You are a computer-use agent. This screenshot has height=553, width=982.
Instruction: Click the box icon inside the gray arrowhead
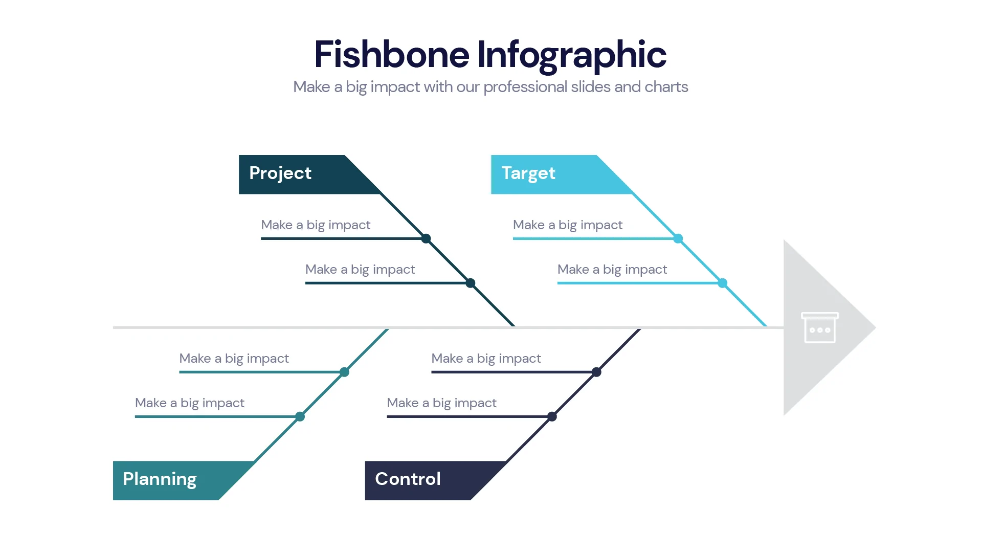point(819,328)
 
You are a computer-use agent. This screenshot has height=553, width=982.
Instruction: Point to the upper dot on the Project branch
point(426,238)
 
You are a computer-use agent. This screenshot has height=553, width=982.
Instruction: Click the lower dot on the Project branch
point(471,283)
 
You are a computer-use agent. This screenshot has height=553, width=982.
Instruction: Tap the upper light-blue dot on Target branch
point(678,238)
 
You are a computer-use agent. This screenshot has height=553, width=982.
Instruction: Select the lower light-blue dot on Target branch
point(723,283)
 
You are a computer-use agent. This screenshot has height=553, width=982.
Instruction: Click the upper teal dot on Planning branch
point(345,372)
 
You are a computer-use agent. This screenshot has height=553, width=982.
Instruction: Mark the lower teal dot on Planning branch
point(300,416)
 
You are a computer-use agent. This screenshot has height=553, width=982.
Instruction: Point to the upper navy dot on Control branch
point(596,372)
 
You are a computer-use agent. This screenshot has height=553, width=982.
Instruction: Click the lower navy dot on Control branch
point(552,416)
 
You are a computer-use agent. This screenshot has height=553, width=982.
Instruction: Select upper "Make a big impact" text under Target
point(567,225)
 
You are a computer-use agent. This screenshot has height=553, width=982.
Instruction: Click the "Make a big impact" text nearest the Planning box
point(189,403)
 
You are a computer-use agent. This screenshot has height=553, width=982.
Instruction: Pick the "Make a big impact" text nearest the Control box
point(441,403)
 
